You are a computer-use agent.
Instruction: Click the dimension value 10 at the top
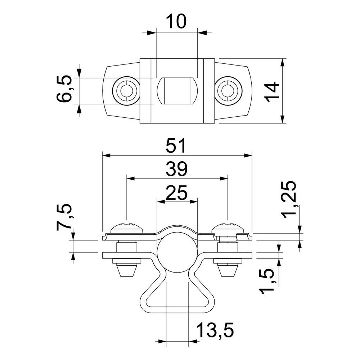coord(176,21)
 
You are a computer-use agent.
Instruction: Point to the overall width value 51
coord(176,145)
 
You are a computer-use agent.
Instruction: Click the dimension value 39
coord(176,169)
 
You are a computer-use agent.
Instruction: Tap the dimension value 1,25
coord(288,200)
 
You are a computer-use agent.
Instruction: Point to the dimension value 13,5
coord(215,330)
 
